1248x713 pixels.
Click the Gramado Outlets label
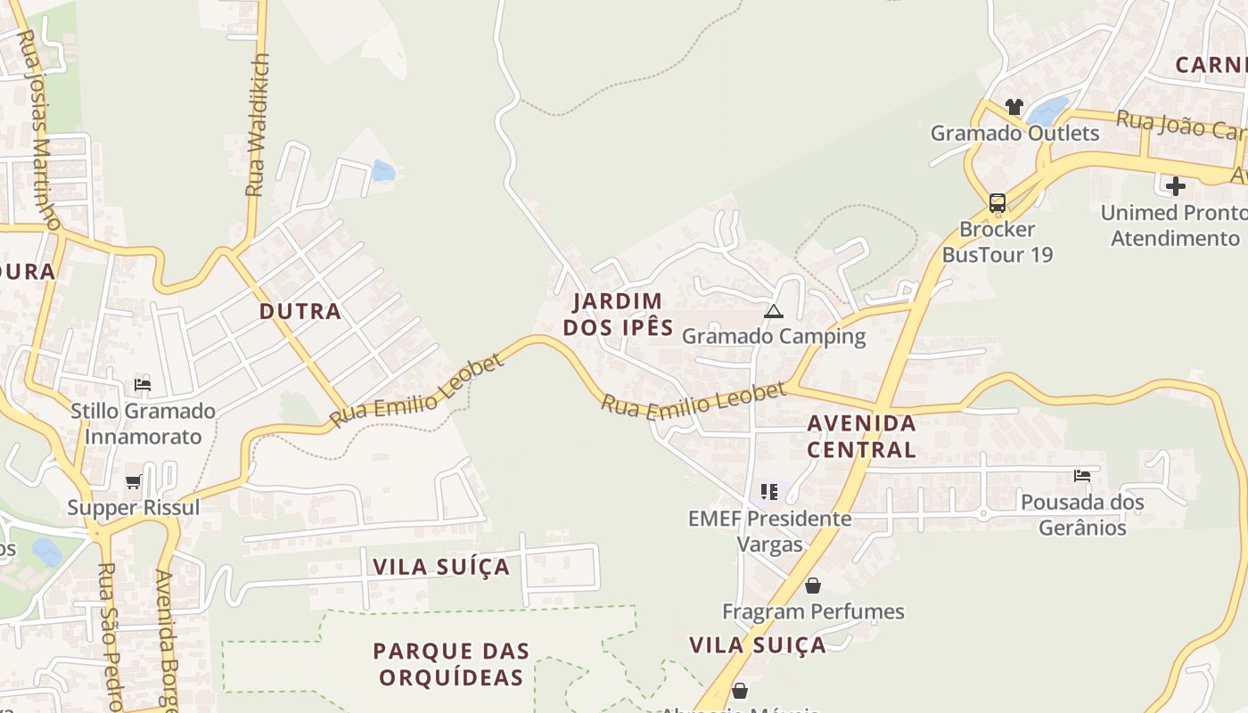(1014, 134)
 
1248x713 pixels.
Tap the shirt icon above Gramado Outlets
(1014, 107)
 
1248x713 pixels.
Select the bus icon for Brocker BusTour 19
(997, 203)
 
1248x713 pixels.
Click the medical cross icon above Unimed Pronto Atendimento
(1176, 186)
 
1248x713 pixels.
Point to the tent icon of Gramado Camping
(773, 311)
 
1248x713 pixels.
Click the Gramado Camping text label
(773, 336)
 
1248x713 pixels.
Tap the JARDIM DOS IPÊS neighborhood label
(618, 314)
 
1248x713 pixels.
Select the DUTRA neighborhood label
(300, 311)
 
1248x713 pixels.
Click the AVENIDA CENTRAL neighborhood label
(861, 436)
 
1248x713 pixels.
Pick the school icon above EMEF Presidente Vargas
(769, 492)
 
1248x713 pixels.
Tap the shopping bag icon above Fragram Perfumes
(812, 586)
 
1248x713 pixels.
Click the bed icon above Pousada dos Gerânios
(1082, 476)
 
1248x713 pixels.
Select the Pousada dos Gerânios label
(1082, 514)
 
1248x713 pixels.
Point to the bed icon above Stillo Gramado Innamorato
(143, 385)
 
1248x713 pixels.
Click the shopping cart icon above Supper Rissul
(134, 481)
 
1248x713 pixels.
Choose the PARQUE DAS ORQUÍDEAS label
(451, 664)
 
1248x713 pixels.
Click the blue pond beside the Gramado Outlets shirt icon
(1047, 111)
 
